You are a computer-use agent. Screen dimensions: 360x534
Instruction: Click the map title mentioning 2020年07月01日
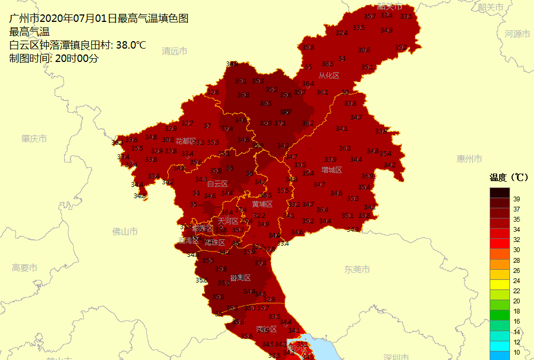99,18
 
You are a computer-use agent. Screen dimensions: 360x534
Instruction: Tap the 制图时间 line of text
54,58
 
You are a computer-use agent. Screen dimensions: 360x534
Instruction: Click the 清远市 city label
175,51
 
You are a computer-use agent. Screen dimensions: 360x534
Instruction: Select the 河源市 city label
517,34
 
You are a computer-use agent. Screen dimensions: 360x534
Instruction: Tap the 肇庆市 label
34,138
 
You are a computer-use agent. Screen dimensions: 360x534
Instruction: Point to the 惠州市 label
469,159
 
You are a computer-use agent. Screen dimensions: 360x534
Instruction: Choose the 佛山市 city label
125,231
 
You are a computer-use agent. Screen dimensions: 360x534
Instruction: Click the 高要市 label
25,268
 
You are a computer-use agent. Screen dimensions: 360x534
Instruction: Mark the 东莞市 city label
357,269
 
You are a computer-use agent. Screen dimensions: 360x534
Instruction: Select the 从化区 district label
329,76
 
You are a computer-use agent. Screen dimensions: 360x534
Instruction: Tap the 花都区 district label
186,141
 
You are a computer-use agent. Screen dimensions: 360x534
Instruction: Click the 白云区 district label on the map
217,184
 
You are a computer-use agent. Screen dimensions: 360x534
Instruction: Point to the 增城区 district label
332,170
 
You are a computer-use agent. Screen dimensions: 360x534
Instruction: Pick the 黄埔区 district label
263,204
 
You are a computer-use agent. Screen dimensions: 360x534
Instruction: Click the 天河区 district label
228,221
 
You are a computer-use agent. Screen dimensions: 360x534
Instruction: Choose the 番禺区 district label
240,278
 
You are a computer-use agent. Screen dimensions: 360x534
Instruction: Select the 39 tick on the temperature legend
516,199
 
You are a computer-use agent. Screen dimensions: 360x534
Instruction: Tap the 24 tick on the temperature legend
516,280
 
